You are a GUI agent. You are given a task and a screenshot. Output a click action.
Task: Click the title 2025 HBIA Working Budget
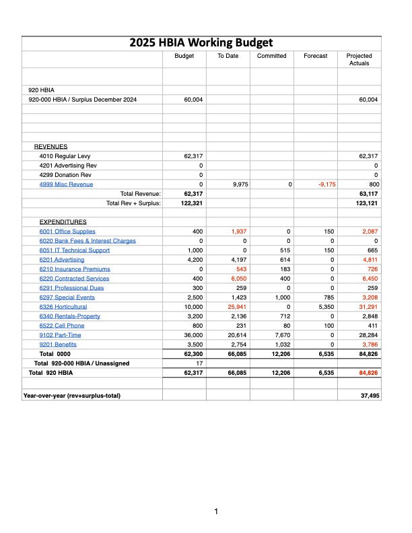pyautogui.click(x=201, y=43)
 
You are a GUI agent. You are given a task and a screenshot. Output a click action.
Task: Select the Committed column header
pyautogui.click(x=271, y=56)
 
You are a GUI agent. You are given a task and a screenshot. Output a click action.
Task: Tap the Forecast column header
pyautogui.click(x=316, y=56)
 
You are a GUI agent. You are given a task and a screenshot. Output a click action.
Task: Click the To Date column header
pyautogui.click(x=228, y=56)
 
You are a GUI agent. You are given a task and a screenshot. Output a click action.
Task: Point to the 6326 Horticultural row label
pyautogui.click(x=63, y=307)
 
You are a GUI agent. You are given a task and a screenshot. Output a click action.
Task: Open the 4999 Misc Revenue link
pyautogui.click(x=67, y=184)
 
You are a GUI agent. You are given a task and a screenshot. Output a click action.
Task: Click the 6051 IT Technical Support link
pyautogui.click(x=74, y=250)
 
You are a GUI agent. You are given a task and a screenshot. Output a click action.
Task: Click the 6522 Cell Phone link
pyautogui.click(x=62, y=326)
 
